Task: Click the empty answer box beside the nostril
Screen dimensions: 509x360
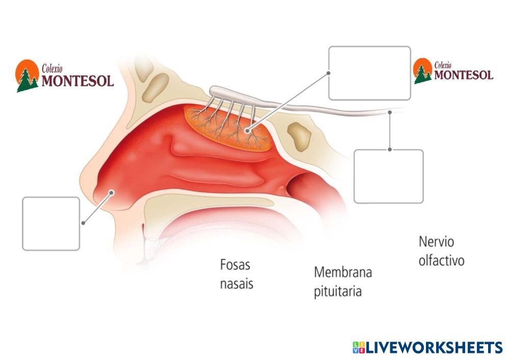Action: click(x=51, y=224)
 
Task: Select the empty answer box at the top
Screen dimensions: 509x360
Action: click(x=369, y=73)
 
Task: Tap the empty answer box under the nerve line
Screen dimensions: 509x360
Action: click(x=388, y=176)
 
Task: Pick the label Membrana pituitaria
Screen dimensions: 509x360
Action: click(x=343, y=281)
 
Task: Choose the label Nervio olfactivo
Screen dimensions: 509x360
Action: click(x=441, y=250)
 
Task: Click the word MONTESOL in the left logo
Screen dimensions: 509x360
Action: click(x=77, y=81)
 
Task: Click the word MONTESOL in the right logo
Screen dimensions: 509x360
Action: click(x=464, y=75)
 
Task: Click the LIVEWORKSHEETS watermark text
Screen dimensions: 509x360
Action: click(x=435, y=348)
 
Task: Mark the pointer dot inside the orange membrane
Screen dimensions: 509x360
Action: click(x=248, y=131)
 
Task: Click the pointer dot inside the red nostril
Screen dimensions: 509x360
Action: click(x=112, y=192)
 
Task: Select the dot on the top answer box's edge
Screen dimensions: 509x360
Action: click(x=329, y=73)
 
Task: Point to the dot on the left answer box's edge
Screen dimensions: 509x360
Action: click(x=83, y=223)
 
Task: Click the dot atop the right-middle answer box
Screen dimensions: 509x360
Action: click(x=390, y=149)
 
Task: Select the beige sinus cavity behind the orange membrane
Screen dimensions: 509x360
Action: click(x=299, y=134)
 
